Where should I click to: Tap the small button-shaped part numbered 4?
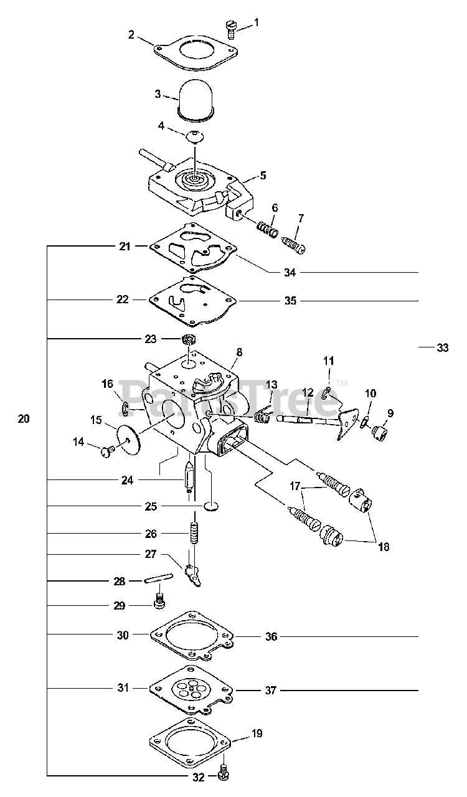[x=196, y=136]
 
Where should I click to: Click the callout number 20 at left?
[x=24, y=419]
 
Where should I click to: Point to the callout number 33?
[x=443, y=347]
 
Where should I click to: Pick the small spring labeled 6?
[x=267, y=229]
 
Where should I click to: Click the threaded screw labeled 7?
[x=294, y=245]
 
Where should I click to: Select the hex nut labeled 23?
[x=189, y=339]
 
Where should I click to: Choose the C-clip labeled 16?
[x=125, y=408]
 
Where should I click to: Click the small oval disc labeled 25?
[x=210, y=506]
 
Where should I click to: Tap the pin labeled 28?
[x=159, y=580]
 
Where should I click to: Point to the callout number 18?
[x=384, y=546]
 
